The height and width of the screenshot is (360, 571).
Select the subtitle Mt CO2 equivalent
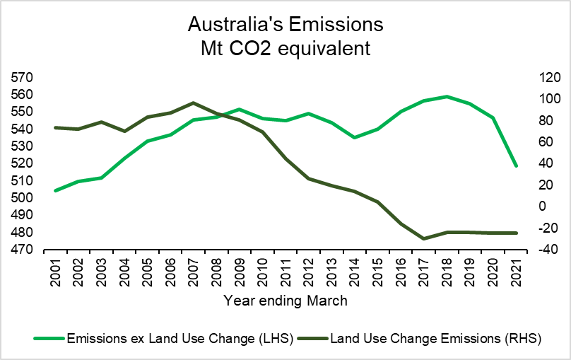click(285, 49)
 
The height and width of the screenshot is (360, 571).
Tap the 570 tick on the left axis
click(23, 77)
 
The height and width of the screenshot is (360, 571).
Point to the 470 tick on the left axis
click(23, 250)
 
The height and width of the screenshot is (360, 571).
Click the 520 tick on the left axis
click(23, 163)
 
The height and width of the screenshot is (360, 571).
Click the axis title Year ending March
click(285, 301)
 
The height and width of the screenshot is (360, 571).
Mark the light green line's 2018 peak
click(447, 96)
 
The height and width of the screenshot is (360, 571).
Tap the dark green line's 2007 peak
click(194, 103)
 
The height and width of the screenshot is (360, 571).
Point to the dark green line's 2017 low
click(423, 239)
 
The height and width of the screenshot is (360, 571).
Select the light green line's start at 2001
click(56, 191)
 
